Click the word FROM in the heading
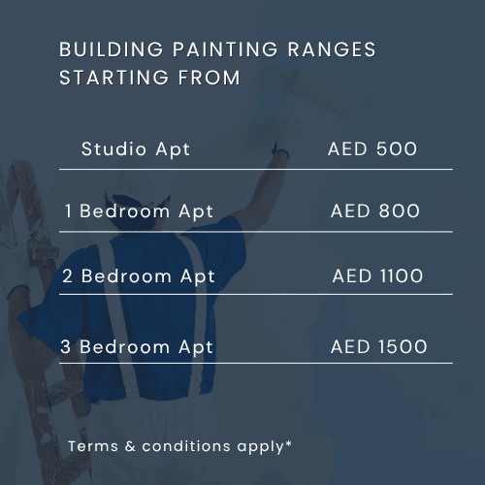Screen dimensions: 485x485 pyautogui.click(x=207, y=78)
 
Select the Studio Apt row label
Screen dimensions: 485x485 pyautogui.click(x=136, y=149)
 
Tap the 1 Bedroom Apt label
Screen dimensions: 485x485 pyautogui.click(x=139, y=210)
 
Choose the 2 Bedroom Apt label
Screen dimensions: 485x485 pyautogui.click(x=139, y=275)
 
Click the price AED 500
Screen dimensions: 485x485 pyautogui.click(x=372, y=149)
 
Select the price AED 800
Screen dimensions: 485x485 pyautogui.click(x=375, y=210)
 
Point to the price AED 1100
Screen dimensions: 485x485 pyautogui.click(x=377, y=275)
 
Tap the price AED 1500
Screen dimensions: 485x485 pyautogui.click(x=378, y=346)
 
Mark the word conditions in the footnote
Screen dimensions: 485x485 pyautogui.click(x=188, y=446)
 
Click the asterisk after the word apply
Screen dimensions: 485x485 pyautogui.click(x=289, y=443)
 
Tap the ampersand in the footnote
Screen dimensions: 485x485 pyautogui.click(x=129, y=446)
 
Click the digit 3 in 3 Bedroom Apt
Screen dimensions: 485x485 pyautogui.click(x=68, y=346)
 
